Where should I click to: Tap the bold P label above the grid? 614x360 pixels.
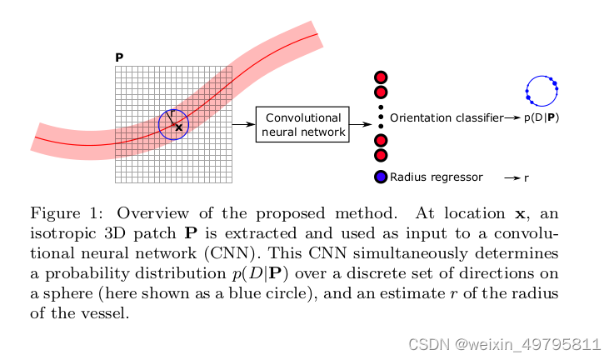[119, 57]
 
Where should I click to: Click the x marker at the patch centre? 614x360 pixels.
[178, 127]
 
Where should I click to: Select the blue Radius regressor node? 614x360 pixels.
[381, 177]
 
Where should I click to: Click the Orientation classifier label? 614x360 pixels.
[446, 118]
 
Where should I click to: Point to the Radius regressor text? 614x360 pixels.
[436, 177]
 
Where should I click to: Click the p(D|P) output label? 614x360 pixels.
[542, 118]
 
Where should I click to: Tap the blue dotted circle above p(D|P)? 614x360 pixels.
[541, 90]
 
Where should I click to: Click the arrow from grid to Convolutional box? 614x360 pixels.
[242, 124]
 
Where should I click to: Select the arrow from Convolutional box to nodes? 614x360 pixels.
[360, 124]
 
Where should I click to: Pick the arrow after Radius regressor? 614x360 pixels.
[512, 177]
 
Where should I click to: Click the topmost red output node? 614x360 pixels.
[381, 77]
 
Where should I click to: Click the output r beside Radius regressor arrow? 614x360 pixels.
[527, 177]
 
